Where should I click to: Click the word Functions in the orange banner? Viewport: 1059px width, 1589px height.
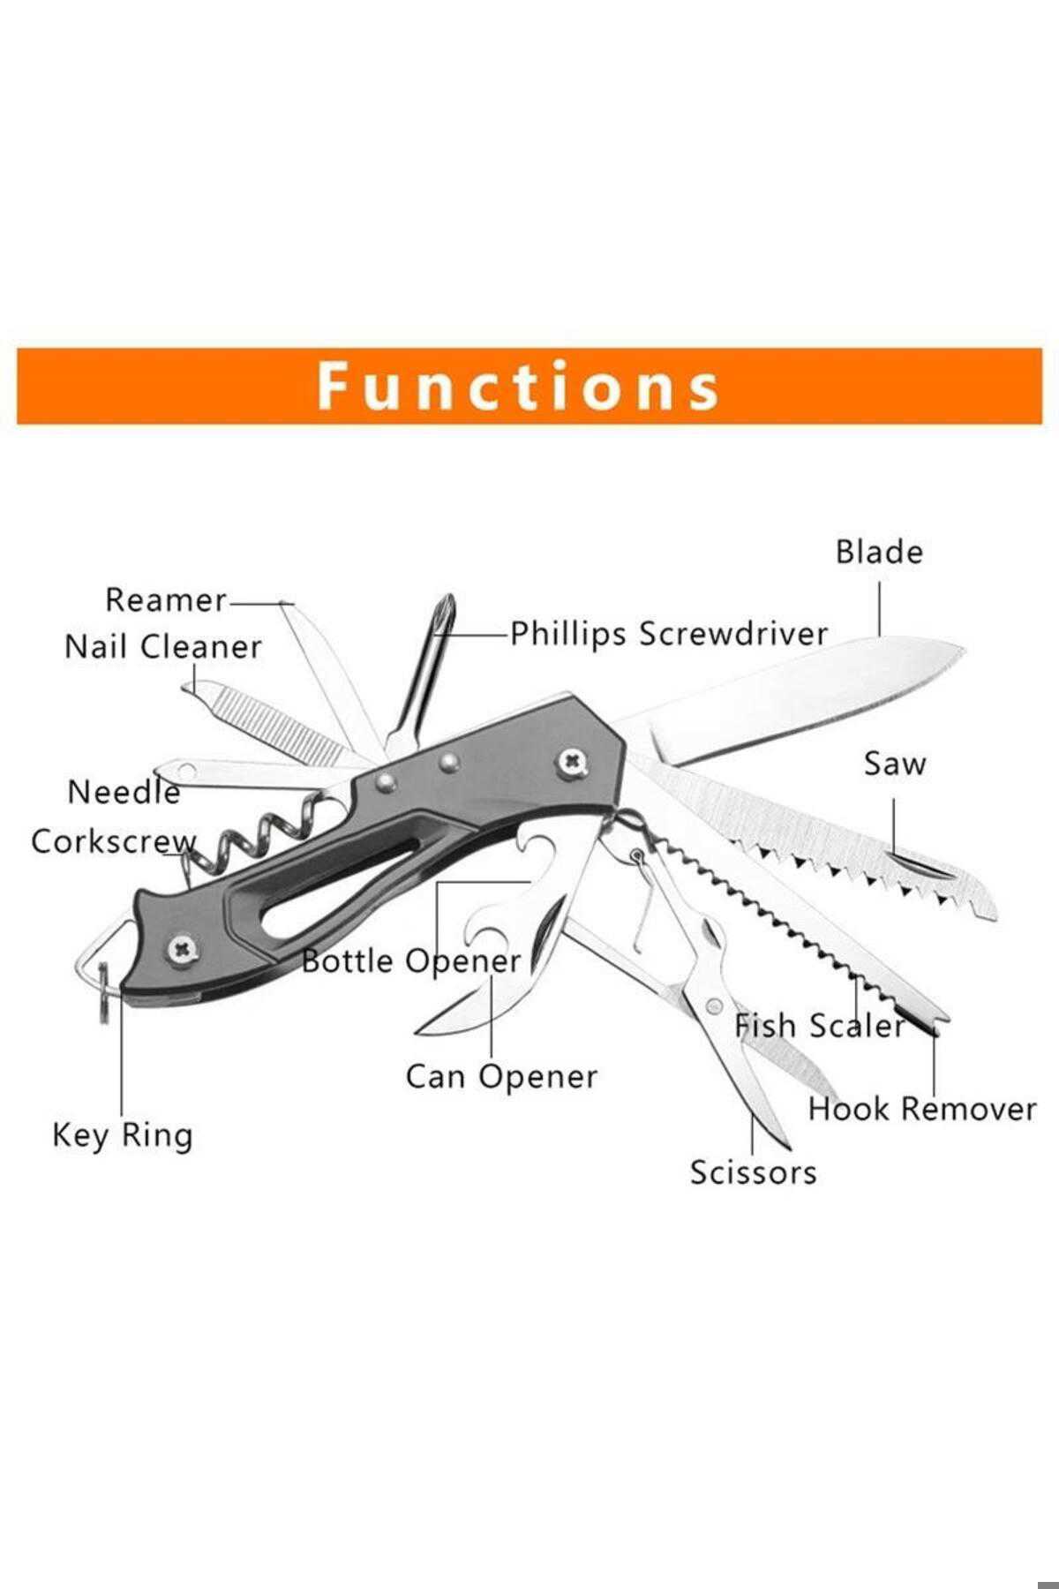518,386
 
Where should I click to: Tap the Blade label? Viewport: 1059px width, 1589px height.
879,552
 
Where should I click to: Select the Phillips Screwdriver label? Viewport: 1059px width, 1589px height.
669,634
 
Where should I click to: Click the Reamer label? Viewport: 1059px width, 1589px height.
166,600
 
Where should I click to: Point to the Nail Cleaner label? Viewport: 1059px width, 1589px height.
163,646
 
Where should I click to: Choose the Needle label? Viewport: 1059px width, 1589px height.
124,791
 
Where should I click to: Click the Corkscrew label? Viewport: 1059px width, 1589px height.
114,840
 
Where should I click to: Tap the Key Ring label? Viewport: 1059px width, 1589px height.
122,1135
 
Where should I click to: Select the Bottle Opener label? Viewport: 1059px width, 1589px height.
411,960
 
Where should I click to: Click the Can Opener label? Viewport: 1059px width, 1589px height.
501,1076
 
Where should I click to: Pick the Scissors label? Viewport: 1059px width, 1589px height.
753,1172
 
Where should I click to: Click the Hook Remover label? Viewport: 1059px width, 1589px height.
922,1109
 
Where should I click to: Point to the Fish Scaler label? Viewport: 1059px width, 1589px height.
820,1026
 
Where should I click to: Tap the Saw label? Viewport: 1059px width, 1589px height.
895,764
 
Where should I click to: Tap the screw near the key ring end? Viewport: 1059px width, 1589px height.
182,949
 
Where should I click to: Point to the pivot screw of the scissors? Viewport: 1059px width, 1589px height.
714,1005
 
